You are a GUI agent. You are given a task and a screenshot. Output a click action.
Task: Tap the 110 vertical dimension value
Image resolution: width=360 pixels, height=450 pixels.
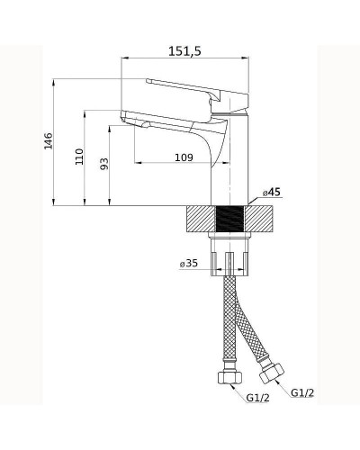pos(80,157)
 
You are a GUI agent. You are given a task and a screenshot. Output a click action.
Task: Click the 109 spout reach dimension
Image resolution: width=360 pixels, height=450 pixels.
pos(184,157)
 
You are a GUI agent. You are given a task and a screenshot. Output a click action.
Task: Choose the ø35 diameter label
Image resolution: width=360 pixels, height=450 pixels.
pos(188,264)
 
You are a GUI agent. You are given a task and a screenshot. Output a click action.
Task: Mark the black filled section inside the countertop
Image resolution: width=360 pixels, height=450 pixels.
pos(231,219)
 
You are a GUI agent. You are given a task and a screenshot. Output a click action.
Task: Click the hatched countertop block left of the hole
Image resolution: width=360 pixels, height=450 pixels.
pos(200,219)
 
